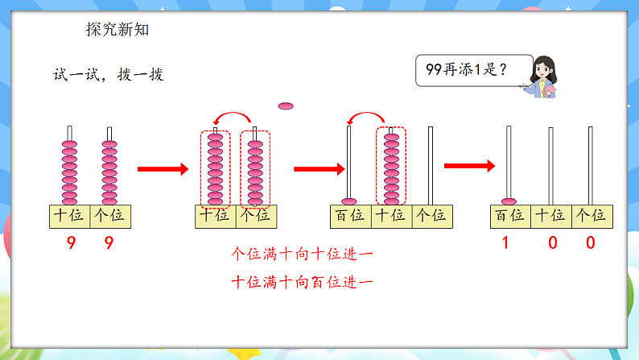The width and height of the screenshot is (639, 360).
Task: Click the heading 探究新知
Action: (x=117, y=30)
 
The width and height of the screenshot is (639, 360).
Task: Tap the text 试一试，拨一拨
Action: (x=108, y=75)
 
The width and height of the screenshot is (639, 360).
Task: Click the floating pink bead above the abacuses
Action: (x=286, y=106)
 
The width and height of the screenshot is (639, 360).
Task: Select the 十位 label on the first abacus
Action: (x=68, y=216)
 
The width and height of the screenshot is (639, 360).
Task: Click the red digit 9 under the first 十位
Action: (x=68, y=242)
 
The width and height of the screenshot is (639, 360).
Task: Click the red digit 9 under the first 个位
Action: (x=109, y=242)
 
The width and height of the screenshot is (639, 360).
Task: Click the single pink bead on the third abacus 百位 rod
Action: (x=349, y=201)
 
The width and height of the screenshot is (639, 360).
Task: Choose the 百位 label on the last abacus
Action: (x=509, y=216)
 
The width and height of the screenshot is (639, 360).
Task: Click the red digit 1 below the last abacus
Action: (x=508, y=242)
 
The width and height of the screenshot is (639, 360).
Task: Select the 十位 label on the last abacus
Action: (x=550, y=216)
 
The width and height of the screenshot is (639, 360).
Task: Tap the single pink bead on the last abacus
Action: (x=509, y=201)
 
